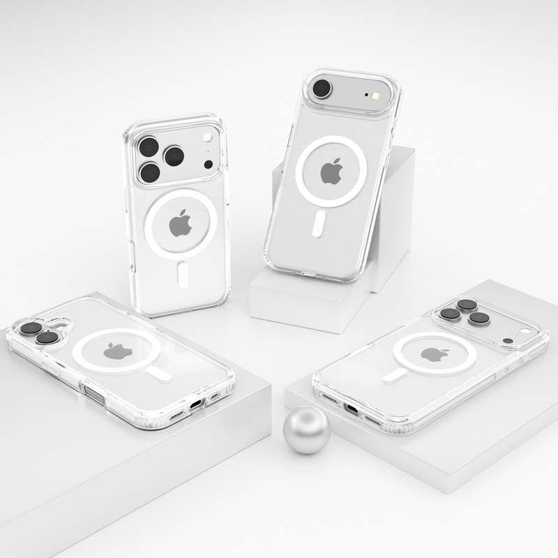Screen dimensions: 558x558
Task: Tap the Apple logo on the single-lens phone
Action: point(331,171)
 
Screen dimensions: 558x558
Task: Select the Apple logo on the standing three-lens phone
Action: point(181,223)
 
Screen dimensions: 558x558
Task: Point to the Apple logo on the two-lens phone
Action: point(117,351)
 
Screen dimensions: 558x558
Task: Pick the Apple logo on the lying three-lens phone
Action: point(435,354)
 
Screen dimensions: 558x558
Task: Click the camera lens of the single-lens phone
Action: point(322,89)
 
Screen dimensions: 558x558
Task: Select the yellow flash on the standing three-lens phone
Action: point(206,140)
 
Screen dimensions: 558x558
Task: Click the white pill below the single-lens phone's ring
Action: point(318,224)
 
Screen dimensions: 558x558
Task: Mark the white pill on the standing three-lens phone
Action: point(183,274)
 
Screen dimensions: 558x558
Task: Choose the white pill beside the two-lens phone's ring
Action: point(160,375)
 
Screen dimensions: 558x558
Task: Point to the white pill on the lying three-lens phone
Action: point(395,375)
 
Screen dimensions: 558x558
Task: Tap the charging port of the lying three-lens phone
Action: point(352,409)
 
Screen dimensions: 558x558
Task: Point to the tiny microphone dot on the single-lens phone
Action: point(365,93)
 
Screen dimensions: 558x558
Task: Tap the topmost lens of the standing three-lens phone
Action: point(149,146)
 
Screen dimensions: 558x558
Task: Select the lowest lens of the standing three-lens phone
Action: point(150,172)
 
